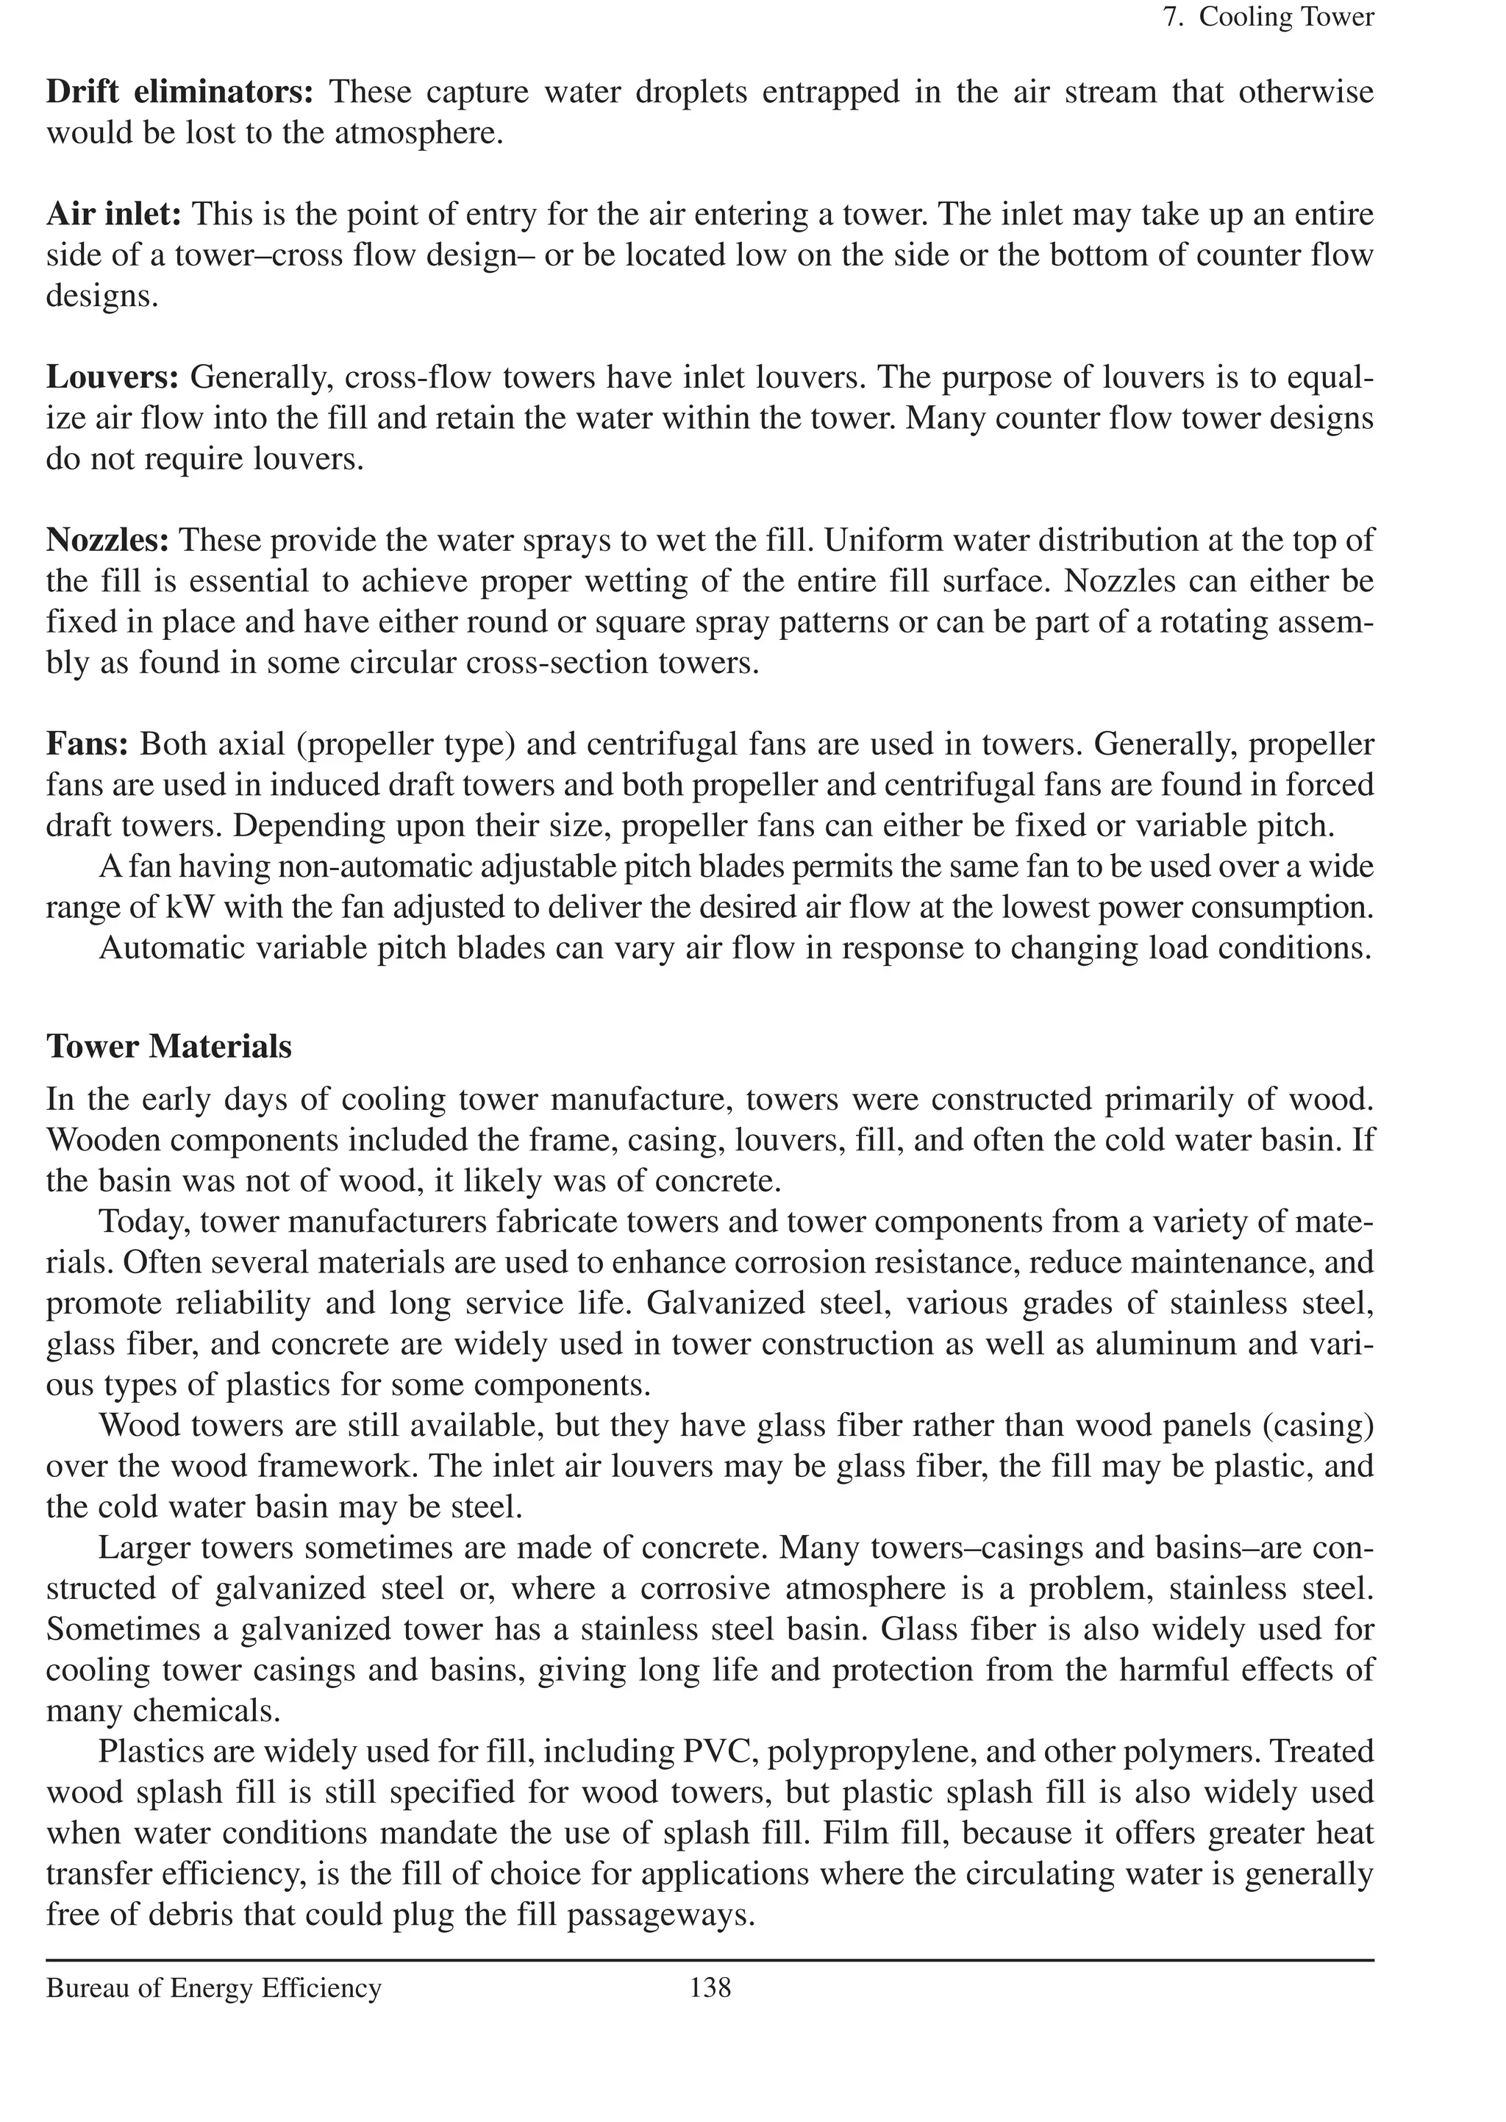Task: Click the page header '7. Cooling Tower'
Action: [1268, 18]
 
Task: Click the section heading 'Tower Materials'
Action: [169, 1046]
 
